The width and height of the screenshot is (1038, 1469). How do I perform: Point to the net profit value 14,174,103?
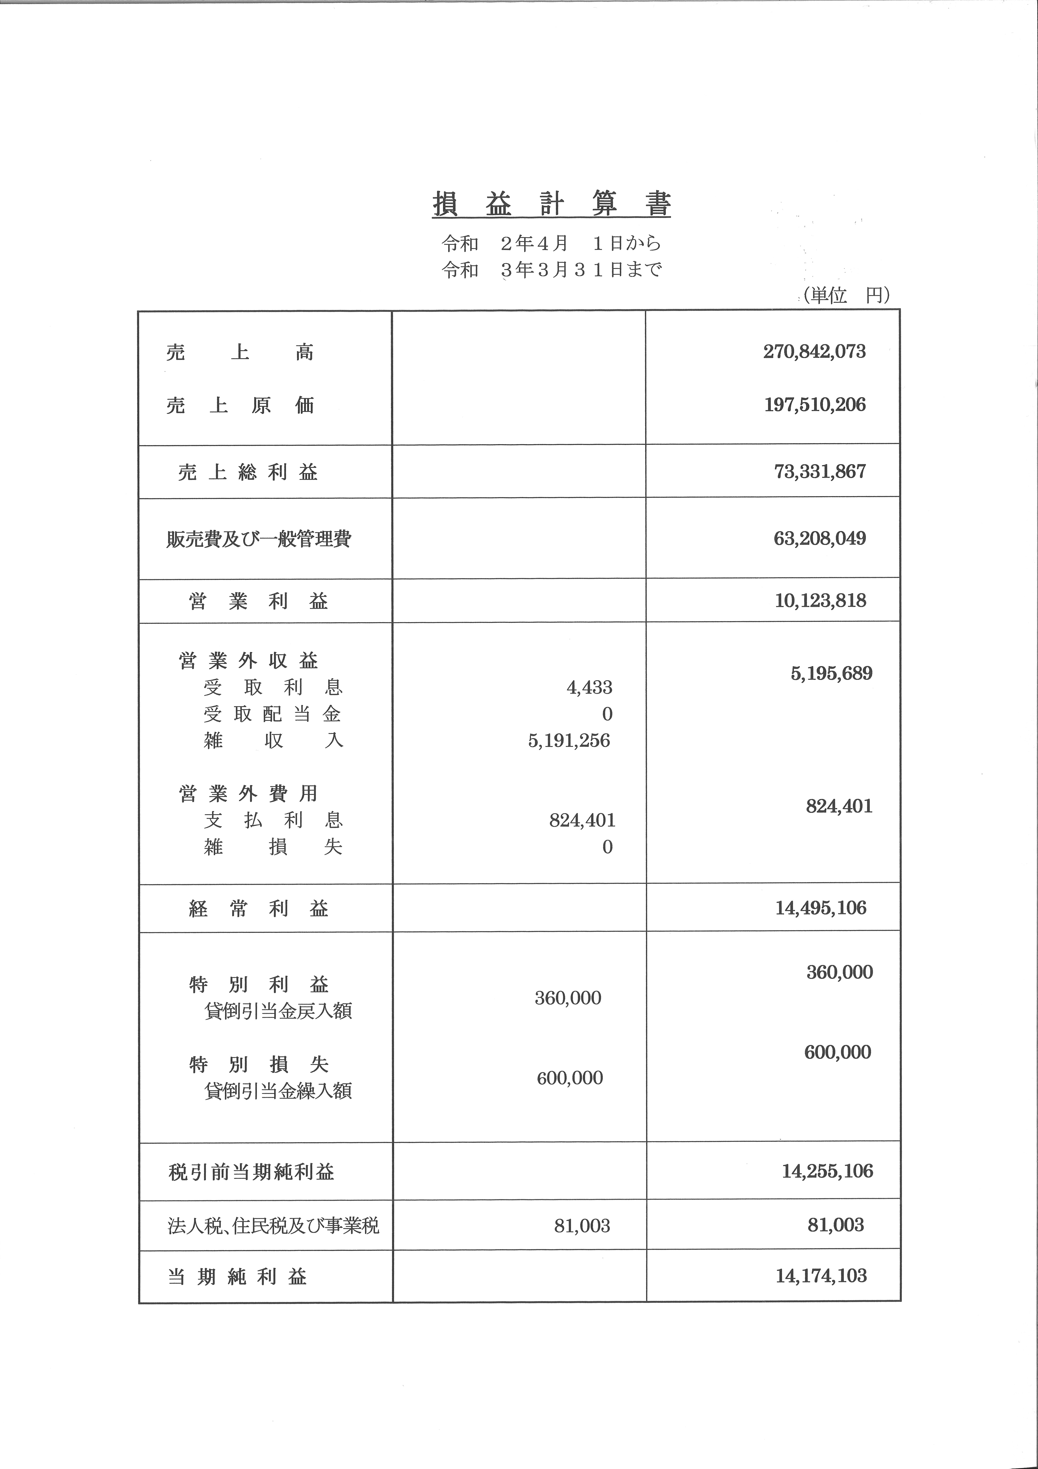[x=821, y=1275]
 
